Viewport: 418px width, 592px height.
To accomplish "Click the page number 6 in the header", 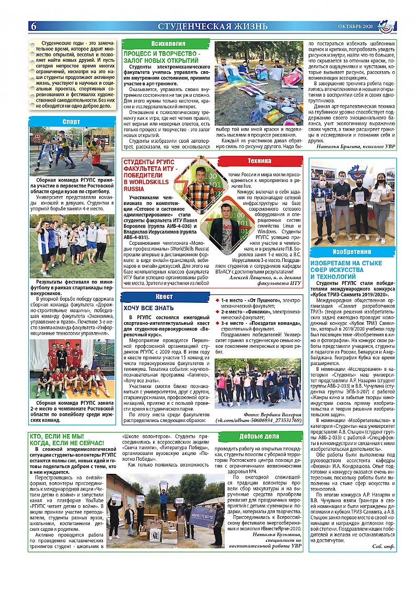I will click(x=33, y=26).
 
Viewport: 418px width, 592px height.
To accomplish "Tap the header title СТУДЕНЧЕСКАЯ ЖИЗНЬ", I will click(x=213, y=26).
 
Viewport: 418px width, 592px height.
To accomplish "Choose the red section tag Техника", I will click(x=259, y=161).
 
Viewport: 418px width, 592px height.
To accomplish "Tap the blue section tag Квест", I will click(x=166, y=297).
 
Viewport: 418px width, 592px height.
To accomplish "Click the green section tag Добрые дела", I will click(x=259, y=436).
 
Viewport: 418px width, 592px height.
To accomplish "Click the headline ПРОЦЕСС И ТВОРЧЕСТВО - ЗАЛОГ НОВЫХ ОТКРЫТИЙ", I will click(x=161, y=58).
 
